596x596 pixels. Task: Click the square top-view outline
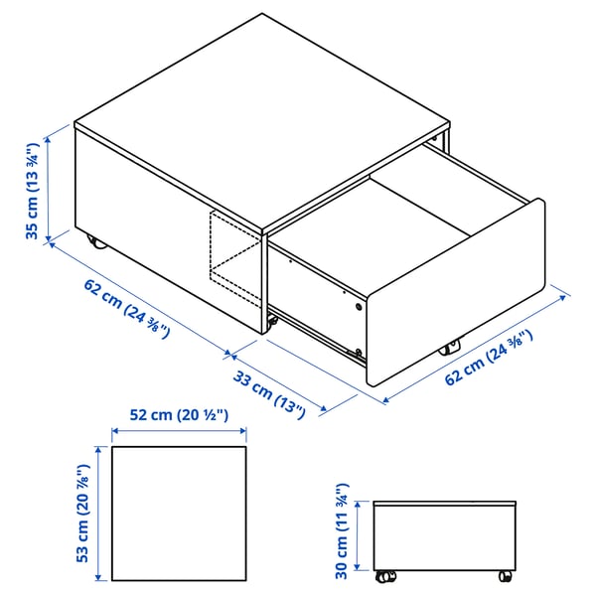pos(179,514)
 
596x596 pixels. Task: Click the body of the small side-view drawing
pos(446,536)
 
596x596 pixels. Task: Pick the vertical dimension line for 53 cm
pos(98,514)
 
